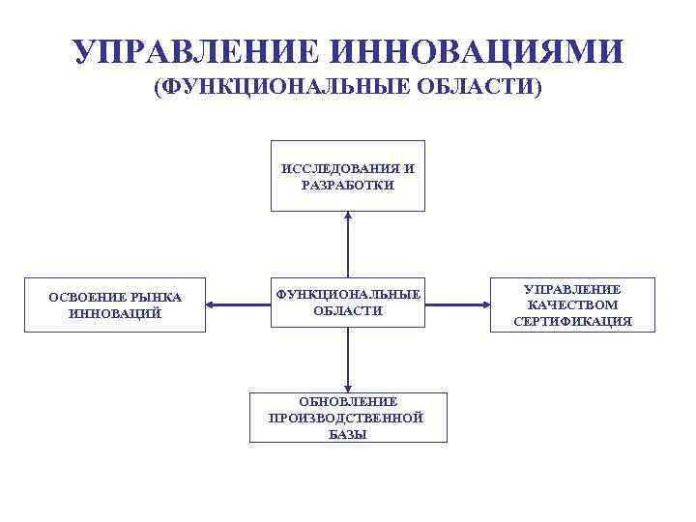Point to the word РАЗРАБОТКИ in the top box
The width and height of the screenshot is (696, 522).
(348, 185)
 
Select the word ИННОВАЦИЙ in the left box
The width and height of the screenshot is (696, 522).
(115, 313)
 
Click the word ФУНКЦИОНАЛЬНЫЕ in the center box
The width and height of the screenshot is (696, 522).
(348, 294)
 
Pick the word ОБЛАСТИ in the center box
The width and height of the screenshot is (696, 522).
(348, 310)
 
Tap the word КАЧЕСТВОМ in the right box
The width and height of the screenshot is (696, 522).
(573, 304)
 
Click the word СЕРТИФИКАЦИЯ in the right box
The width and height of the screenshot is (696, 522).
(573, 321)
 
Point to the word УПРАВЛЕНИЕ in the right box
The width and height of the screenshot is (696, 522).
(573, 289)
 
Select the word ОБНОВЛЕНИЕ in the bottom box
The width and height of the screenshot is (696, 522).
(348, 401)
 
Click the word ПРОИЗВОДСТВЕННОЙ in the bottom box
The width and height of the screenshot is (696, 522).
(348, 418)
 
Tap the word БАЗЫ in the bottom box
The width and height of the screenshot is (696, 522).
(348, 434)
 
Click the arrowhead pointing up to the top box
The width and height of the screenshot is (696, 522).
(348, 217)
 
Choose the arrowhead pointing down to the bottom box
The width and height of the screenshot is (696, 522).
(348, 386)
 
